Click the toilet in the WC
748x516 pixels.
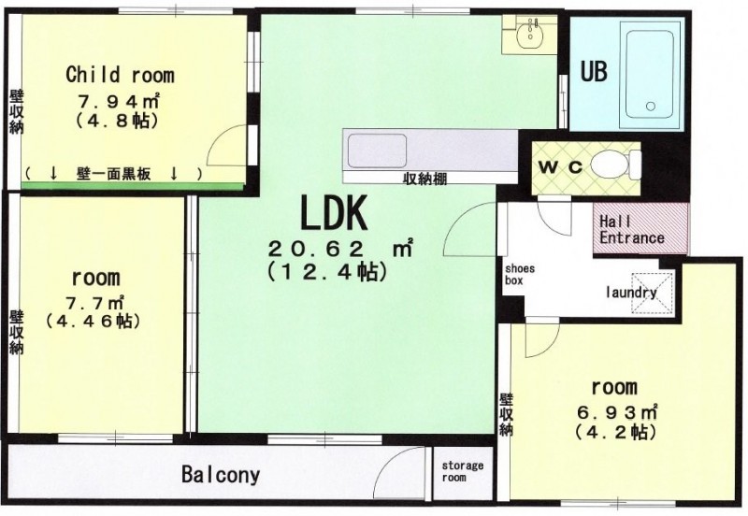(616, 165)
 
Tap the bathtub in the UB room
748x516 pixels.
(650, 75)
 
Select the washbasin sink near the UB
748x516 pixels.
(529, 34)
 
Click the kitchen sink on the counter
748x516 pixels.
(378, 150)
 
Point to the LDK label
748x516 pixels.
(334, 213)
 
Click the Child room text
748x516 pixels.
(121, 75)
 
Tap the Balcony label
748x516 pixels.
(221, 475)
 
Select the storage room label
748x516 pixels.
(462, 471)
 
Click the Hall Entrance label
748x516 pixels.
(632, 229)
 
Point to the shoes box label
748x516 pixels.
(520, 275)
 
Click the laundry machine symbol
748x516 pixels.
(653, 293)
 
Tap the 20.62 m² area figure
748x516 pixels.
(340, 249)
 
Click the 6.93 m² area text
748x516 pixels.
(618, 411)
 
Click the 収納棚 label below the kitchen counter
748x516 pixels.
(425, 179)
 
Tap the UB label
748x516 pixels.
(594, 72)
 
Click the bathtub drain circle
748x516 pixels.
(651, 107)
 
